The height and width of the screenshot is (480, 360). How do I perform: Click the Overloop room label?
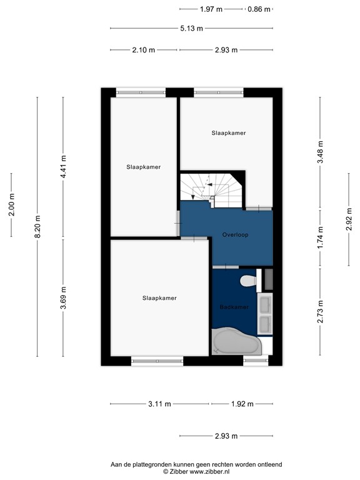234,235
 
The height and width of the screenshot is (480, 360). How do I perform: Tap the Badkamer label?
234,307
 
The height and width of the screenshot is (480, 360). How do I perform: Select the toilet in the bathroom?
249,281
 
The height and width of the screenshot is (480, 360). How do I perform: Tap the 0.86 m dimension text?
259,9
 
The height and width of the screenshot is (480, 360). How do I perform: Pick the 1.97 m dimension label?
211,9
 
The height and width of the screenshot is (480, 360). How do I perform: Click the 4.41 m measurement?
63,167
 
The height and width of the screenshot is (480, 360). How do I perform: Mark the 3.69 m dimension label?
63,297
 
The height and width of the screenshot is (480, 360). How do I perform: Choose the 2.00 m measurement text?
12,205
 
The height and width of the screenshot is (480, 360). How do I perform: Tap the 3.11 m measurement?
159,404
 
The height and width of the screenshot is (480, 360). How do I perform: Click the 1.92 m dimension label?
242,404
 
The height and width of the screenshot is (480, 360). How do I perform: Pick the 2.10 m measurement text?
144,50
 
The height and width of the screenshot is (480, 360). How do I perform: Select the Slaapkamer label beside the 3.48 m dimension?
228,132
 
